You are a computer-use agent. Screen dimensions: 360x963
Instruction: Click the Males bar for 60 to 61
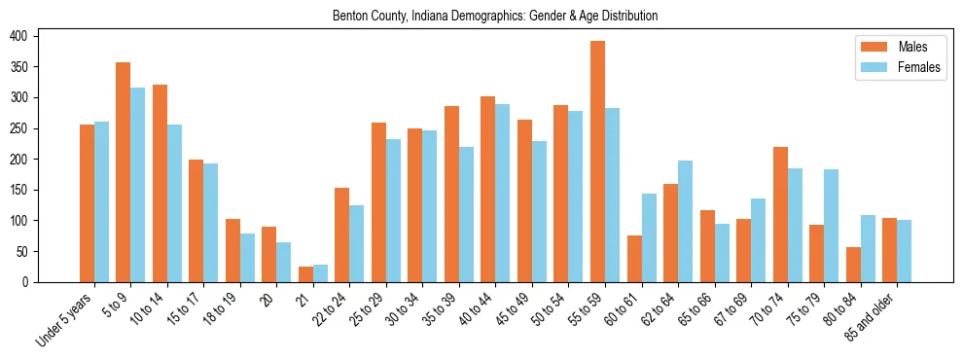click(634, 259)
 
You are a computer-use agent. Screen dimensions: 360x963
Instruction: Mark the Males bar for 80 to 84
click(853, 265)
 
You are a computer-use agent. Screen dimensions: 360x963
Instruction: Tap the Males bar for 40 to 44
click(488, 189)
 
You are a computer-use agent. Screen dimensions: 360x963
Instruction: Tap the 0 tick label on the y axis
click(32, 282)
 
